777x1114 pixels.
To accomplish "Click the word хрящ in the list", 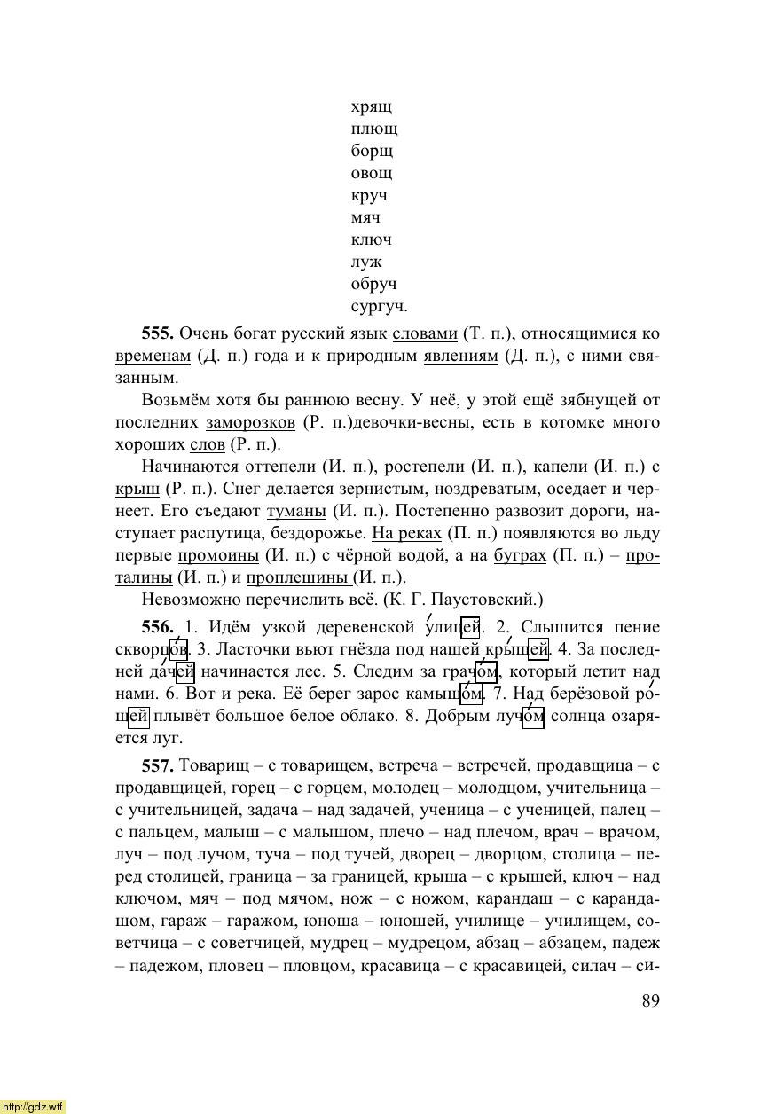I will click(372, 108).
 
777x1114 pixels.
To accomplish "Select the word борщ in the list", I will click(372, 152).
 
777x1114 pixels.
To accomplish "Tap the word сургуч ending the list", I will click(379, 307).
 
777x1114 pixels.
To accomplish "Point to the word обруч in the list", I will click(373, 285).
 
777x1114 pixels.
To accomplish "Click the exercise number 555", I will click(156, 333).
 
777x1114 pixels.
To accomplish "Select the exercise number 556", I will click(156, 628).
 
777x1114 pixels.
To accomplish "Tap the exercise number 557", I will click(156, 765).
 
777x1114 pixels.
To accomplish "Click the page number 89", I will click(650, 1000).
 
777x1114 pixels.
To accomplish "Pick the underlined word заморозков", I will click(250, 423).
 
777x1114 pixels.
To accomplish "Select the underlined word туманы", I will click(296, 512).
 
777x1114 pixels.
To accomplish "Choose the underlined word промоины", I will click(216, 556).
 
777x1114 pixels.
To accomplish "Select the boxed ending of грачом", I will click(486, 671).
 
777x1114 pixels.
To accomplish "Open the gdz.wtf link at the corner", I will click(33, 1106).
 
